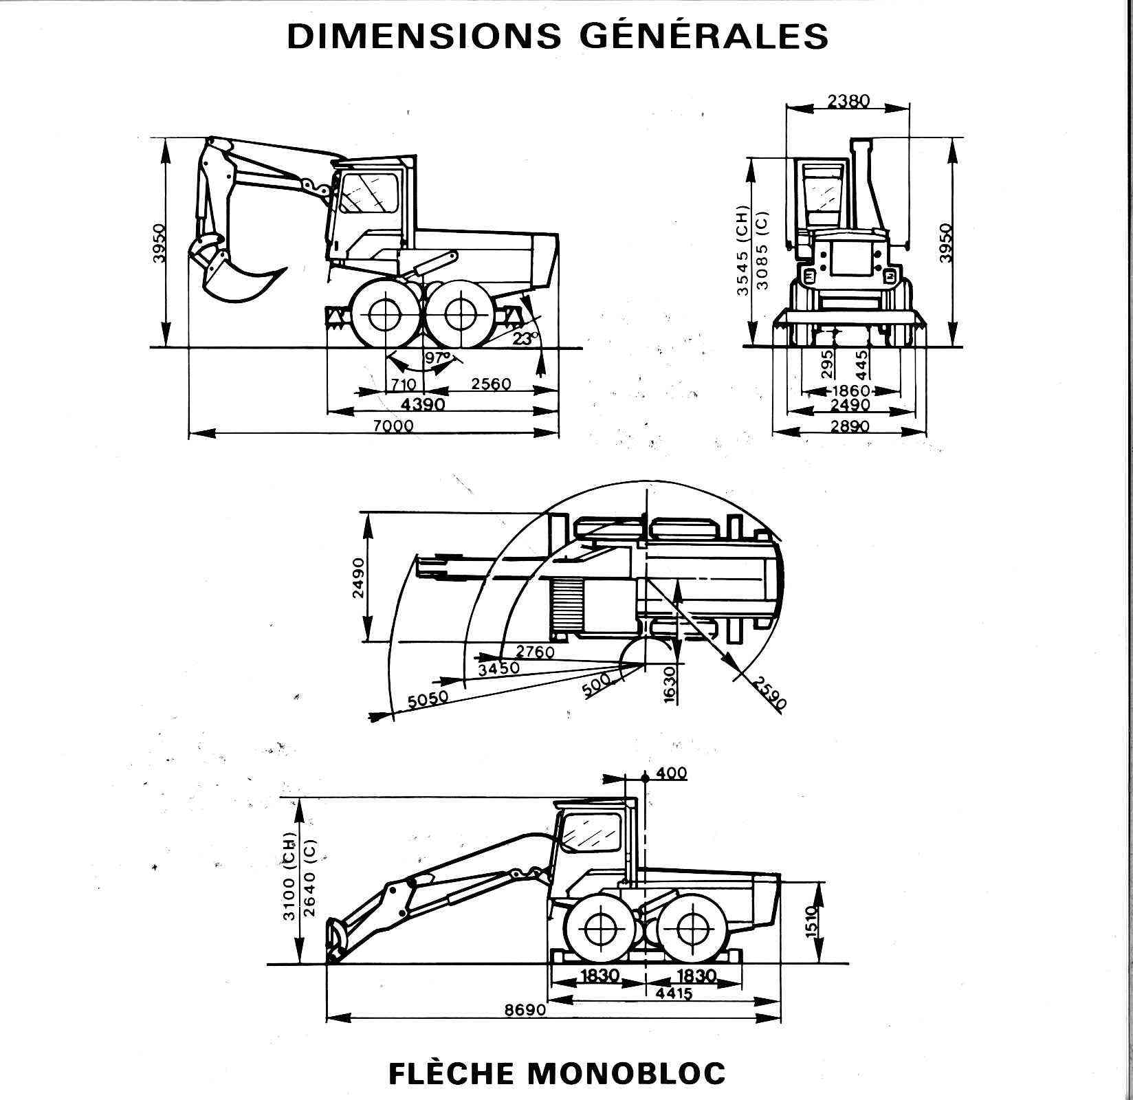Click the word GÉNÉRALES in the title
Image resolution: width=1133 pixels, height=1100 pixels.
point(704,35)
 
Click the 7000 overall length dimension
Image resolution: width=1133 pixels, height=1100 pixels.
point(393,426)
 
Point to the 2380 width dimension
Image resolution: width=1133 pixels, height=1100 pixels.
point(848,101)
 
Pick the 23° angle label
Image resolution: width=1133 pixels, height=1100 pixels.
point(526,338)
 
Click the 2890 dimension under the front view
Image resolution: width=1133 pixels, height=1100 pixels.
point(850,426)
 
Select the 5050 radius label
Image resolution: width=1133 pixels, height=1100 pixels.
point(428,700)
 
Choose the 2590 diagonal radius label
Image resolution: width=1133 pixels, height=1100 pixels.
point(770,693)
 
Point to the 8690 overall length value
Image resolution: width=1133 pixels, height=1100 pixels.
point(525,1010)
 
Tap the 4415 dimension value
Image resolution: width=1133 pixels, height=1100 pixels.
point(674,993)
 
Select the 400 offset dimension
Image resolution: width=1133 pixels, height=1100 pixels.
point(672,773)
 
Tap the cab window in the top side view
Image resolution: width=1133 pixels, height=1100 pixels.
point(369,192)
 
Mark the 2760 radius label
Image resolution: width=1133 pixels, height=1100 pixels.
point(535,651)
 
